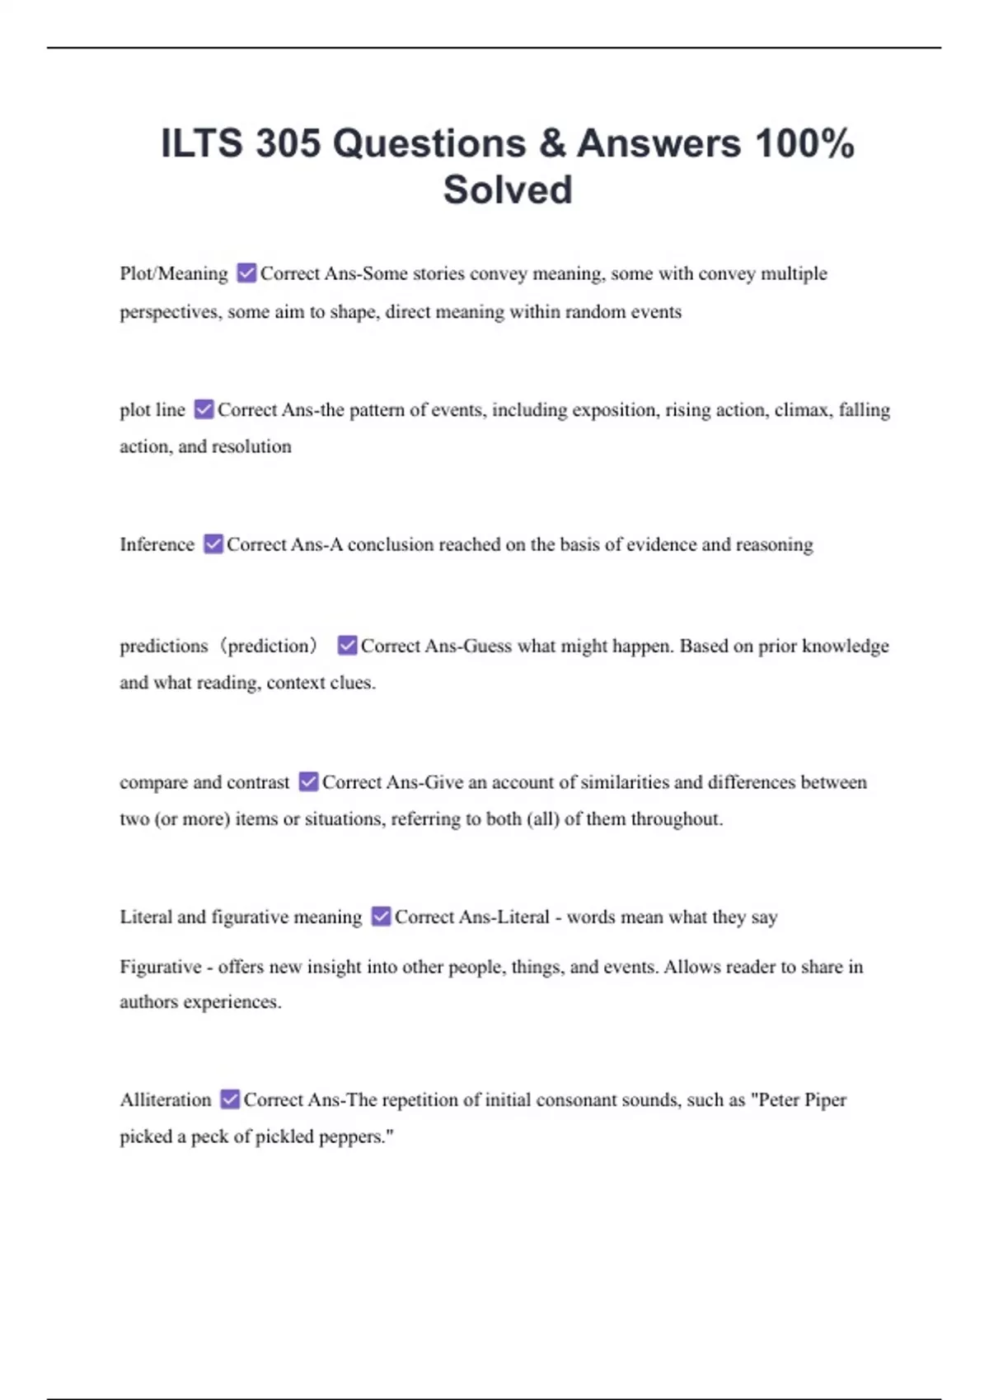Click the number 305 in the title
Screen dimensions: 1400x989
click(288, 143)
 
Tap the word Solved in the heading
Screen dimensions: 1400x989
click(508, 189)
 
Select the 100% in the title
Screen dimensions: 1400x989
click(804, 143)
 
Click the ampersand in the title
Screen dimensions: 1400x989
click(552, 143)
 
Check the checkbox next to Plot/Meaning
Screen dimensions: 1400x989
click(246, 273)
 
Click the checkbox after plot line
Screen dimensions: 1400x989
click(204, 409)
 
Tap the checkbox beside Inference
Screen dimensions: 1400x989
click(213, 544)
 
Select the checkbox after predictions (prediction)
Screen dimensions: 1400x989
click(347, 646)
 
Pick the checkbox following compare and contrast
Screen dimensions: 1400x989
click(308, 782)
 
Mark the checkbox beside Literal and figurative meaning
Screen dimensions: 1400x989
click(381, 917)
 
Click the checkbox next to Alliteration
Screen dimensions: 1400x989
click(230, 1099)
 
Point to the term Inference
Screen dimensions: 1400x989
click(157, 544)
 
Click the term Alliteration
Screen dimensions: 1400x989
click(166, 1100)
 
